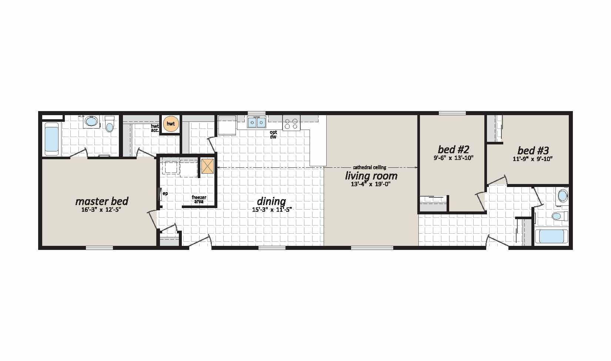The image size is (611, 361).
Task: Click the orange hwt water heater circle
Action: click(171, 124)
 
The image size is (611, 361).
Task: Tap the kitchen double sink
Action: click(257, 122)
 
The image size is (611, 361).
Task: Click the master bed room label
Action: click(102, 201)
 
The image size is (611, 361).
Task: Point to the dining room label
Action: click(271, 201)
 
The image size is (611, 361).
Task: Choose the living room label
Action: click(371, 176)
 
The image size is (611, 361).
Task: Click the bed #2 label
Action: click(453, 149)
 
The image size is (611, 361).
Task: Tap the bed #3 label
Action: click(533, 150)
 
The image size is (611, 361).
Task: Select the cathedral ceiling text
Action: click(370, 167)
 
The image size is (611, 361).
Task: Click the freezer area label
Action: click(199, 199)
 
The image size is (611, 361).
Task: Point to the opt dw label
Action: click(273, 134)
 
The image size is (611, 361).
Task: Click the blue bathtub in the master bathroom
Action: click(52, 137)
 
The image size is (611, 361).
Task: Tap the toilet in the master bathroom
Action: click(109, 124)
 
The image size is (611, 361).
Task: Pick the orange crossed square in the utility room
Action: click(207, 166)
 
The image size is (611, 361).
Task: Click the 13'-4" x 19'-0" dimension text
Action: click(371, 184)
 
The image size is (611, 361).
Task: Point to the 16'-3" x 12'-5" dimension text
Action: click(101, 210)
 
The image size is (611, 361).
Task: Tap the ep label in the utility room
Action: click(165, 194)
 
